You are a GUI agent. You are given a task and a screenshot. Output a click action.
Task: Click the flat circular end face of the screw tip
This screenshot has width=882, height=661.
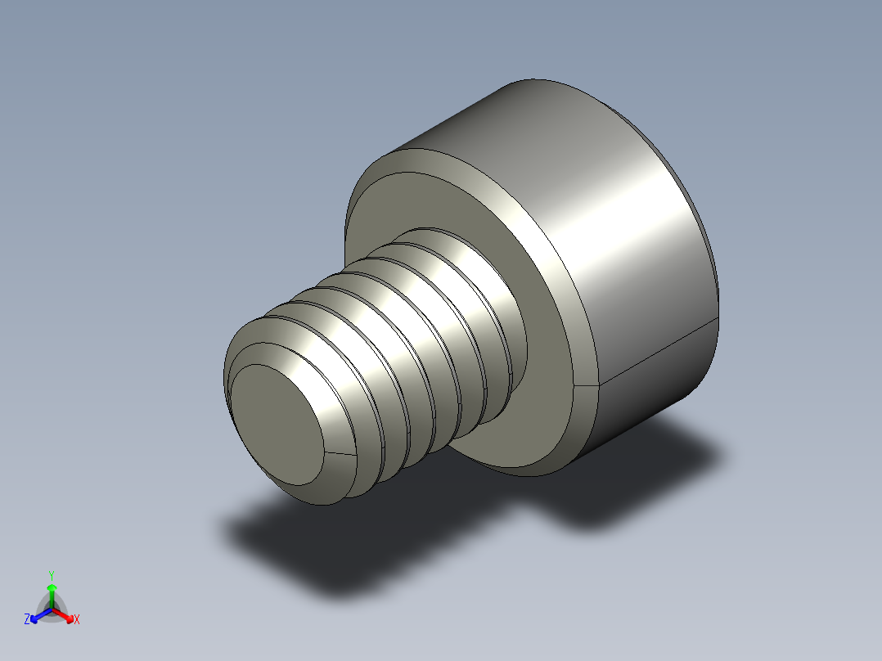tap(274, 421)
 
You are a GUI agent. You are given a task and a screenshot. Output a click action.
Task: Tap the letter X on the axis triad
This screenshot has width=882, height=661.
tap(77, 619)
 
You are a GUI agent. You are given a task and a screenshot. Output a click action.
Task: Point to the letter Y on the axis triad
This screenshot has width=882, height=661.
tap(51, 575)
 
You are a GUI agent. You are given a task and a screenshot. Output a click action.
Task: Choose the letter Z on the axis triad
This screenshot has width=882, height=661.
tap(27, 619)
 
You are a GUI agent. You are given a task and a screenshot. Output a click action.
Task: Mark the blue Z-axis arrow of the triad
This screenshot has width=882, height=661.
tap(38, 615)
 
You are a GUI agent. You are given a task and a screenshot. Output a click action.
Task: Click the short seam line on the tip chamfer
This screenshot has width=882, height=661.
tap(340, 452)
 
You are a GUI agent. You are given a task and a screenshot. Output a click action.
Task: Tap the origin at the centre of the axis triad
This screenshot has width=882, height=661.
tap(52, 609)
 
